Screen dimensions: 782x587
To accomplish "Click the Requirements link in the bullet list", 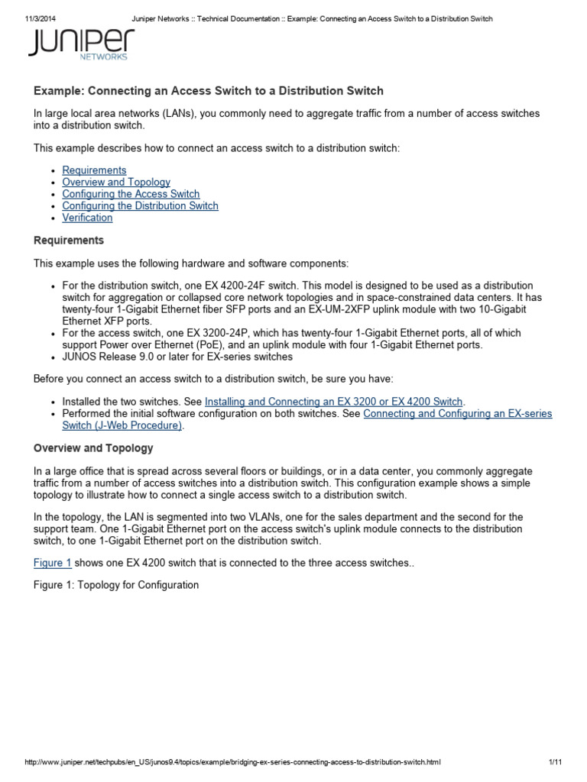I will (x=94, y=170).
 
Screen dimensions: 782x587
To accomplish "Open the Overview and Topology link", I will (x=116, y=183).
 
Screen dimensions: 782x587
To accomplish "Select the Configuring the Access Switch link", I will (x=131, y=194).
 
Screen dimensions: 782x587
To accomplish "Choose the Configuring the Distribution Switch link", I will (x=140, y=206).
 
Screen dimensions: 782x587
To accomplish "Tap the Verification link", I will (x=87, y=218).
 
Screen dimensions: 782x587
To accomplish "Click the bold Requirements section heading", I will (x=69, y=241).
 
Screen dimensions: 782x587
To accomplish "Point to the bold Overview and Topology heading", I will (x=93, y=448).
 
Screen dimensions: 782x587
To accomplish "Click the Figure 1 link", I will (x=53, y=563).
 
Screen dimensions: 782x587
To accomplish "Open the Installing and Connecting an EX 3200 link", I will (x=334, y=401).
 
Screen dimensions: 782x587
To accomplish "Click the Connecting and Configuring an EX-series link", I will (x=457, y=413).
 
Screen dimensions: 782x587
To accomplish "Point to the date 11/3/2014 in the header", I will (x=34, y=18).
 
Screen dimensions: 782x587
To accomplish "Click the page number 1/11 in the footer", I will (x=555, y=763).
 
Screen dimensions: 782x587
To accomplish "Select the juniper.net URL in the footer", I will (x=232, y=763).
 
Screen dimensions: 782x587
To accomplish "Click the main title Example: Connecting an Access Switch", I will (x=209, y=91).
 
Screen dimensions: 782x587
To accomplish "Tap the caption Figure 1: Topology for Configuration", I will (x=116, y=585).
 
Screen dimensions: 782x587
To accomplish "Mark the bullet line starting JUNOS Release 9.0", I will (x=177, y=357).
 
